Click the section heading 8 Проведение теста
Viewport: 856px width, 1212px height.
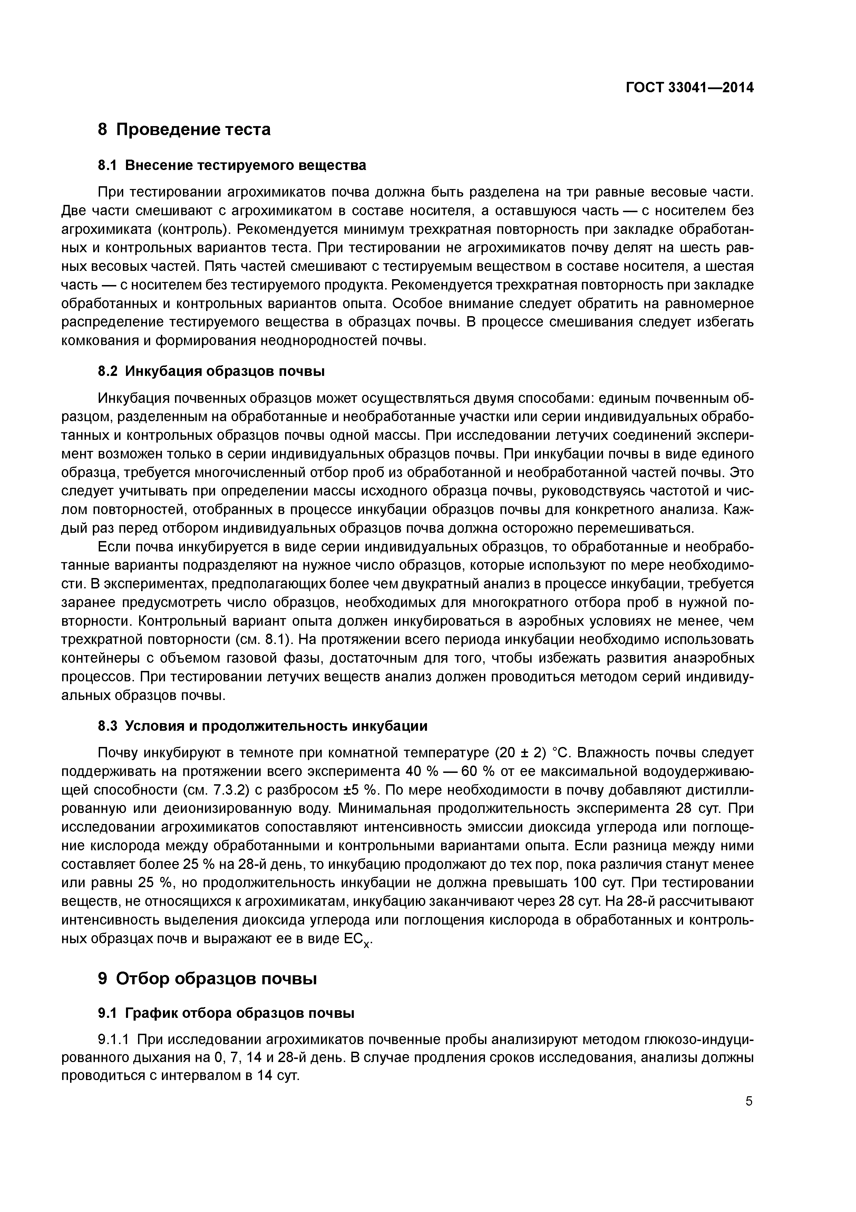point(184,129)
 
